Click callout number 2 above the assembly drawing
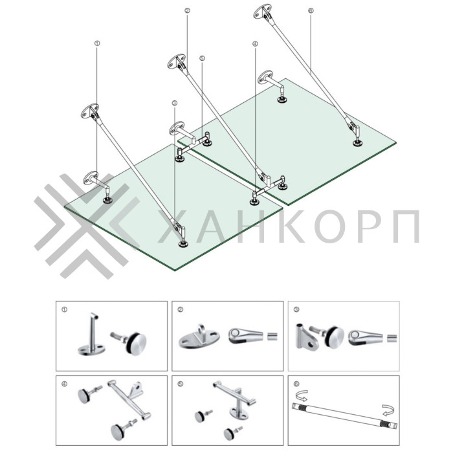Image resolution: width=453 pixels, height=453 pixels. tap(187, 12)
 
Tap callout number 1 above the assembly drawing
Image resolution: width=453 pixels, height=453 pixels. tap(96, 43)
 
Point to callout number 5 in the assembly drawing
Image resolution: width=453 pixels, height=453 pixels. tap(203, 58)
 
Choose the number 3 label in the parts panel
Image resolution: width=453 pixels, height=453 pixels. tap(296, 309)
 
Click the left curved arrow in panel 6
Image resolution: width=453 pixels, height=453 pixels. tap(301, 395)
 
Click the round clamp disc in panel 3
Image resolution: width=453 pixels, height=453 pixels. tap(333, 335)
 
